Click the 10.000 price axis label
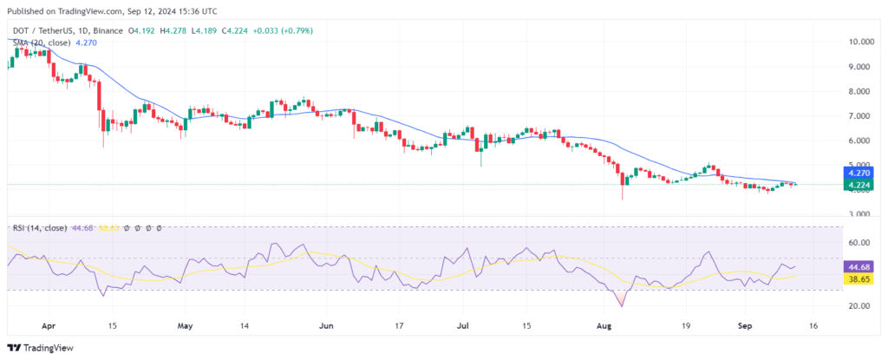[x=860, y=42]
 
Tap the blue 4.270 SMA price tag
[x=861, y=173]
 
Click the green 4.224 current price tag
[x=861, y=184]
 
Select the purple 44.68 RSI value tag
[x=861, y=268]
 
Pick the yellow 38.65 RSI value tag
[x=861, y=279]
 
